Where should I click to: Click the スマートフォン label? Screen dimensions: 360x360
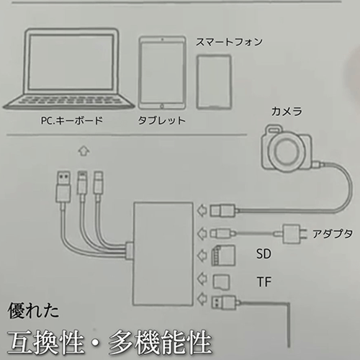[x=229, y=42]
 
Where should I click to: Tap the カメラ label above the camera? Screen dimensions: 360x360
[x=287, y=112]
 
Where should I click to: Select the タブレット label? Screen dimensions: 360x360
[x=161, y=120]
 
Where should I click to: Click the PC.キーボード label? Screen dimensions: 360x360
[x=72, y=120]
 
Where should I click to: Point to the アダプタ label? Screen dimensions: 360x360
[x=332, y=233]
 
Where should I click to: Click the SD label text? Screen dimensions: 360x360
[x=264, y=254]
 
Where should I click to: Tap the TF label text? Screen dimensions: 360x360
[x=264, y=282]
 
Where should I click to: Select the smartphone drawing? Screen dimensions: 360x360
[x=214, y=82]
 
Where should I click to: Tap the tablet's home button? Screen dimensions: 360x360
[x=162, y=106]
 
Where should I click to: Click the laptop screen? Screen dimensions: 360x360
[x=71, y=63]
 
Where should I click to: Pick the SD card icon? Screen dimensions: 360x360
[x=223, y=256]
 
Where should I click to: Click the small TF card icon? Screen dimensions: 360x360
[x=221, y=282]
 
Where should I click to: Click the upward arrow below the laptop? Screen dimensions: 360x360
[x=84, y=151]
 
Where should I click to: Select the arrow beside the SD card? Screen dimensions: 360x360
[x=202, y=256]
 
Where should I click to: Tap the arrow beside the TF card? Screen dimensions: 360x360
[x=202, y=279]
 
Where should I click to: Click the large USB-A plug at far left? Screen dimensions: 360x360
[x=63, y=186]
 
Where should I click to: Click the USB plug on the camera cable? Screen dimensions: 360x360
[x=222, y=210]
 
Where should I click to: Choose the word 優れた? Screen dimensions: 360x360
[x=33, y=310]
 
